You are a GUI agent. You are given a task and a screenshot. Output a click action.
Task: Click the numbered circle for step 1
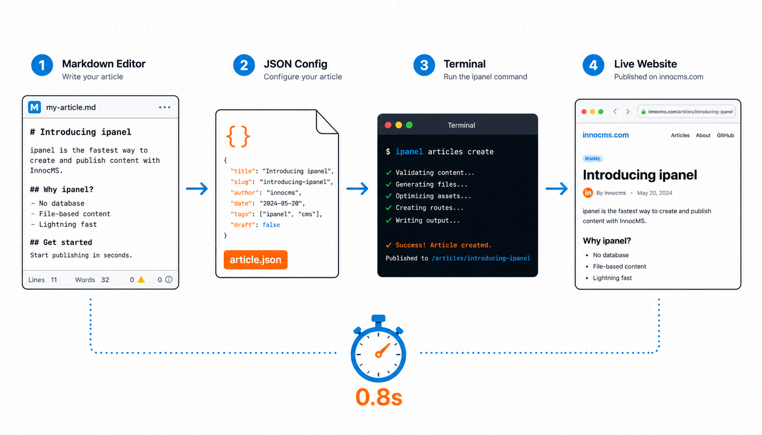[x=42, y=65]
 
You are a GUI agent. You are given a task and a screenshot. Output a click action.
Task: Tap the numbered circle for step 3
[x=424, y=65]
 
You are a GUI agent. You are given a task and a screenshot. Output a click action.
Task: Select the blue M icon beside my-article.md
[x=34, y=107]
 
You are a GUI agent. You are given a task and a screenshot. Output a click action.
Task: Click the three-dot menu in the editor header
[x=164, y=107]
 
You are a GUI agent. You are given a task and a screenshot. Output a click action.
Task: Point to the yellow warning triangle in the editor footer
[x=141, y=279]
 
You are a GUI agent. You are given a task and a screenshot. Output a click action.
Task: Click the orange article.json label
[x=255, y=260]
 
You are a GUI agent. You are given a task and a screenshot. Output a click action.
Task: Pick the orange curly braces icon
[x=238, y=136]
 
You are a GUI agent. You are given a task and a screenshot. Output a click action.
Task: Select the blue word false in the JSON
[x=271, y=225]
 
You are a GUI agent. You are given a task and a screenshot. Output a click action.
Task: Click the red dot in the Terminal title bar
[x=388, y=125]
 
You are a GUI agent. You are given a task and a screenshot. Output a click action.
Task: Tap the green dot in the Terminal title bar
[x=409, y=125]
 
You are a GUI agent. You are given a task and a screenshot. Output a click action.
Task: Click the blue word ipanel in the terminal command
[x=409, y=151]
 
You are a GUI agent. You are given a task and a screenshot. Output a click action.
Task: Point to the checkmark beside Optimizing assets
[x=389, y=196]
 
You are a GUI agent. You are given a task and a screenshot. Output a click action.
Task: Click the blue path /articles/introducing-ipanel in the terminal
[x=481, y=258]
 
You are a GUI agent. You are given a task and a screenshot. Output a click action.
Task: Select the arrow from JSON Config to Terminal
[x=357, y=189]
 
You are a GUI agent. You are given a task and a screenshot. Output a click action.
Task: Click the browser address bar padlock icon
[x=643, y=112]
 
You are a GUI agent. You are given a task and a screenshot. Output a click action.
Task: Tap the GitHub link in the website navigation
[x=725, y=135]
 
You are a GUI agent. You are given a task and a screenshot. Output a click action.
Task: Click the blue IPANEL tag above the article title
[x=593, y=159]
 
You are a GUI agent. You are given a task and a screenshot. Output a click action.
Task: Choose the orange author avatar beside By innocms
[x=587, y=193]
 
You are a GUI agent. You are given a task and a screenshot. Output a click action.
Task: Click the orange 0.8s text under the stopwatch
[x=378, y=397]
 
